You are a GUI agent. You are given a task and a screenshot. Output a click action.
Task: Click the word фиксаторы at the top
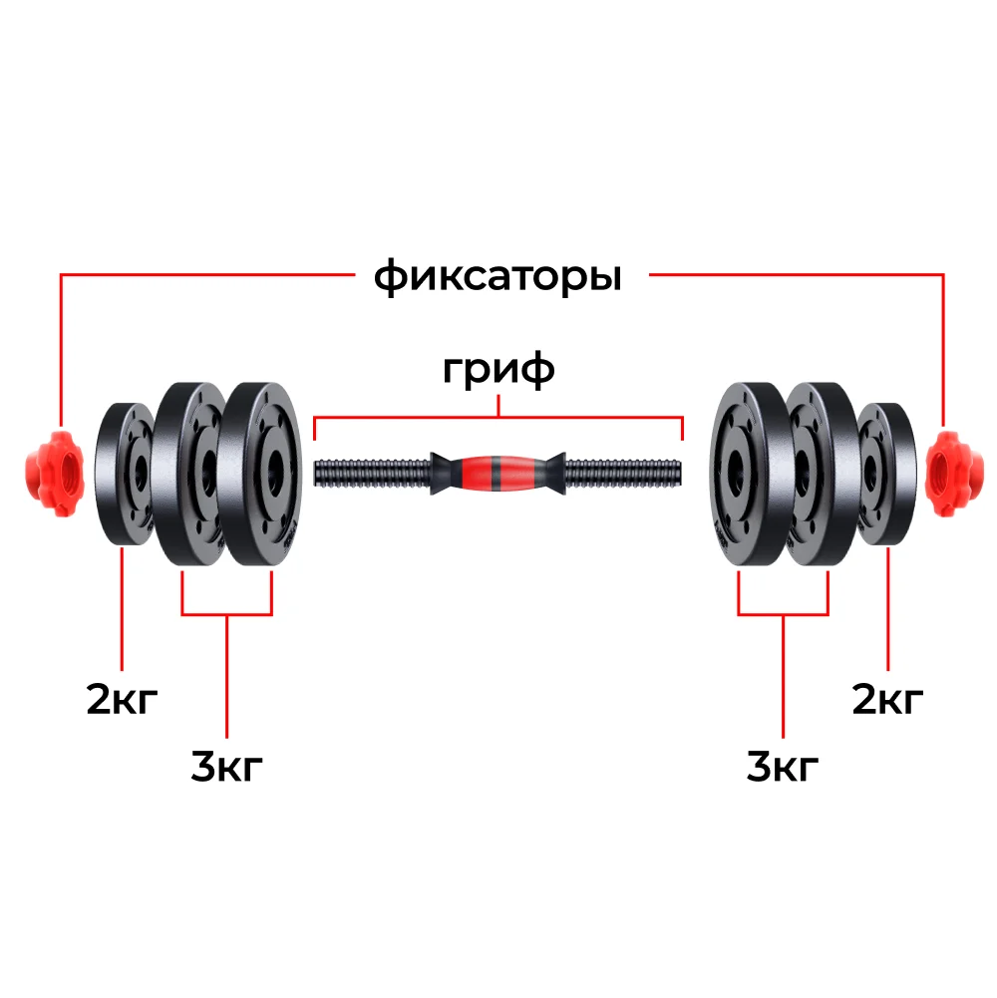(x=498, y=277)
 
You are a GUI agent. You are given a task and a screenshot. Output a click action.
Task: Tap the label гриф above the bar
(x=498, y=370)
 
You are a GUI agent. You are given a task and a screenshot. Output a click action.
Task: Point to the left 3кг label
(x=226, y=766)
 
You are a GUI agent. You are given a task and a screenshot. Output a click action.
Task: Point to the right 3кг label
(x=783, y=766)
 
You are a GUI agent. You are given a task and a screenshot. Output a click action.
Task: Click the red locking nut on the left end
(x=55, y=474)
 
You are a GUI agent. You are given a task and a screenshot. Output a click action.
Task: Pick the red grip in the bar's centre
(x=498, y=474)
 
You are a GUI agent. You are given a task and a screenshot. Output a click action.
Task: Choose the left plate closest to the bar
(x=262, y=474)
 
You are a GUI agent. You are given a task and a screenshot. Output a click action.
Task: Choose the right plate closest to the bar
(x=745, y=474)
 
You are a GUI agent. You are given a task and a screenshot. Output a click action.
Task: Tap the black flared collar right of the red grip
(x=551, y=474)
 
